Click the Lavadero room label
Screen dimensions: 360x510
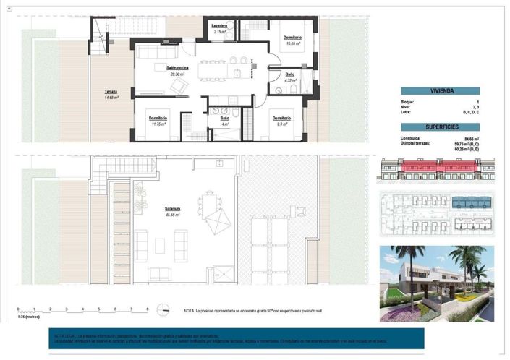tap(220, 25)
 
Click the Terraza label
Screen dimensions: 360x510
tap(111, 91)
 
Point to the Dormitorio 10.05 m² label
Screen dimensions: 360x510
tap(292, 38)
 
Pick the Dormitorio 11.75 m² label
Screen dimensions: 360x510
tap(158, 118)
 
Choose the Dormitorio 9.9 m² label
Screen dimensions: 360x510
tap(281, 118)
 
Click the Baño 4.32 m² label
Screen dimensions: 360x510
tap(289, 75)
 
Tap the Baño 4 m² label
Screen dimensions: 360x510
tap(224, 118)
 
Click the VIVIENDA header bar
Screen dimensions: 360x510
tap(441, 91)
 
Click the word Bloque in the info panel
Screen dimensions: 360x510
tap(407, 103)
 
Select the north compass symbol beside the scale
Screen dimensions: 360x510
tap(167, 308)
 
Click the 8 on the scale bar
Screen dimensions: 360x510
tap(148, 309)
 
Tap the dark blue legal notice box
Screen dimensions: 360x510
tap(236, 338)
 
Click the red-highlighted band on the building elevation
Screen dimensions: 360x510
tap(434, 171)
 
